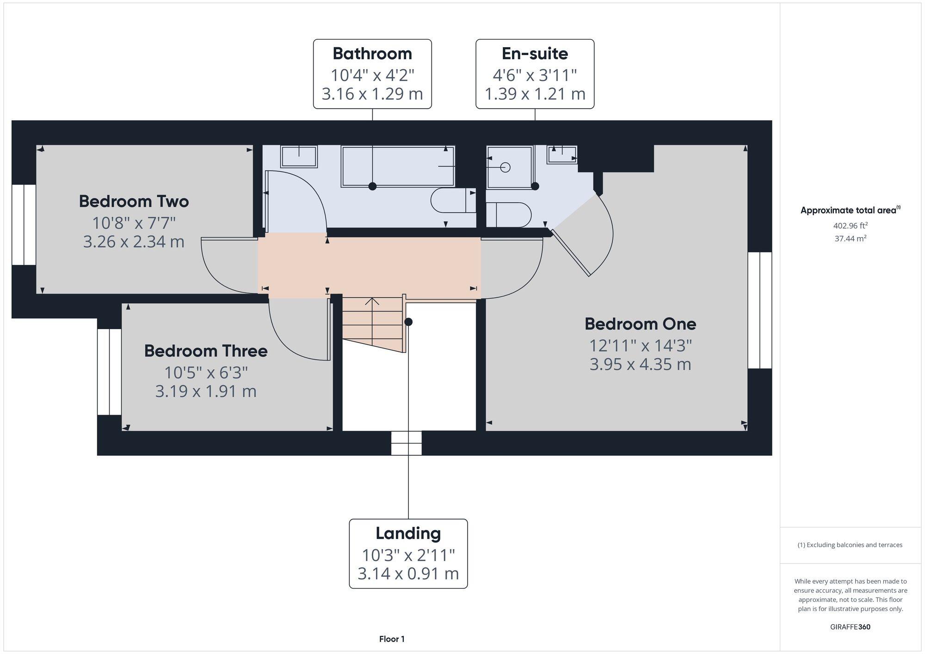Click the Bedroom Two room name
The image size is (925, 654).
134,202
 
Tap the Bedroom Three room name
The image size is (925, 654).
206,351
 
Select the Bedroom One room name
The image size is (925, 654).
640,324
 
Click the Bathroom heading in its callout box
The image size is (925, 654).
372,54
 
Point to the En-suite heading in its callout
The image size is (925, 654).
535,54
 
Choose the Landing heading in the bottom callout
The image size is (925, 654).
408,533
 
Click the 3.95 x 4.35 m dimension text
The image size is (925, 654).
640,365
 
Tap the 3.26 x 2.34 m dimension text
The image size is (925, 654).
134,242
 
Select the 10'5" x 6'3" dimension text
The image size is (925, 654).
206,372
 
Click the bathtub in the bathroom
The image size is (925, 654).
398,166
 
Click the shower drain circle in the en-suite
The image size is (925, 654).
505,167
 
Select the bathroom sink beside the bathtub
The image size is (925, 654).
299,156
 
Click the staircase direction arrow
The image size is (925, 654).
372,302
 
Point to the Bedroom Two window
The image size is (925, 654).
24,225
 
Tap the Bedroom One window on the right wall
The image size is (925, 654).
760,310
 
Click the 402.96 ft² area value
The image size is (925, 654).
850,226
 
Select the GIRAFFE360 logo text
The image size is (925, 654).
850,627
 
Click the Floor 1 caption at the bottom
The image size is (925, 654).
392,639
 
